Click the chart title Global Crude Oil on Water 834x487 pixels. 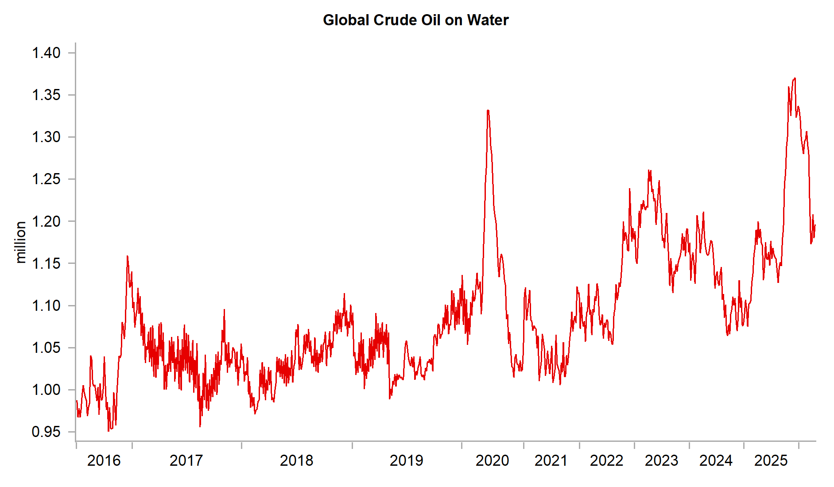point(415,20)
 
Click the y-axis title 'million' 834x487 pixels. point(20,242)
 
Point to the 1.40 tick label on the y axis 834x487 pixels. point(46,53)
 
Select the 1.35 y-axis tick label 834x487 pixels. point(46,95)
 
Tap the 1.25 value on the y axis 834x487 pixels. point(46,179)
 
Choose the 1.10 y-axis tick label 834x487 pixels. point(46,305)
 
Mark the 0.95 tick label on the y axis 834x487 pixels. point(46,432)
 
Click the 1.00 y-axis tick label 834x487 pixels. point(46,390)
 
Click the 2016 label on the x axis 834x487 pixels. point(104,460)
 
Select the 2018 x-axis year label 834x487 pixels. point(296,460)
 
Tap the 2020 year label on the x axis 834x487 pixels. point(492,460)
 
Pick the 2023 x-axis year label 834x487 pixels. point(661,460)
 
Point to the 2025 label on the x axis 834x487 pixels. point(771,460)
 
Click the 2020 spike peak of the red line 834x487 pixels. point(488,110)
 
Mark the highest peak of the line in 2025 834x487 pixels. point(795,78)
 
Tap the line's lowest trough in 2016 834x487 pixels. point(109,430)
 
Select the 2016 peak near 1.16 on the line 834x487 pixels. point(128,256)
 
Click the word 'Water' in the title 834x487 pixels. point(488,20)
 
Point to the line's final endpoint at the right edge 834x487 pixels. point(815,225)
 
